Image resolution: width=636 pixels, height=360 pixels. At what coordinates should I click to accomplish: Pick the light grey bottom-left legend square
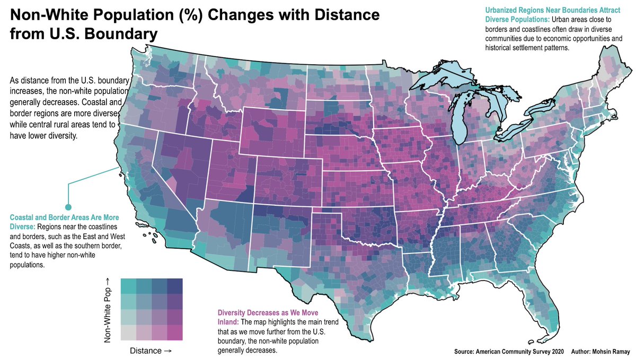(128, 332)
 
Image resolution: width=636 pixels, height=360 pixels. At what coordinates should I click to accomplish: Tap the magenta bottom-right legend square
(175, 332)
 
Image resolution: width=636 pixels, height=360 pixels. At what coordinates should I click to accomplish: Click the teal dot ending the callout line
(68, 207)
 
